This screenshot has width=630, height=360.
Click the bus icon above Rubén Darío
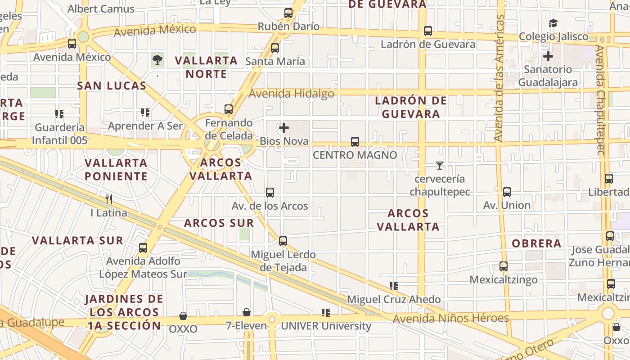click(288, 13)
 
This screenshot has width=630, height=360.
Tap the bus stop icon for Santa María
click(275, 48)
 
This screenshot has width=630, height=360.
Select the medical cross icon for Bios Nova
click(284, 128)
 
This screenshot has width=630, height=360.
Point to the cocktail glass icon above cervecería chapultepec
click(440, 166)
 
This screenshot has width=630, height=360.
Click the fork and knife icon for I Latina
click(108, 199)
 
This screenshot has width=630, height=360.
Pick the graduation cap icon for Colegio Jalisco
click(553, 23)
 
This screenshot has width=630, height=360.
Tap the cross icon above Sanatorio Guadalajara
click(548, 56)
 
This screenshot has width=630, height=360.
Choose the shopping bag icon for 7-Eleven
click(247, 312)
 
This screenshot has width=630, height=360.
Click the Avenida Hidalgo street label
click(291, 94)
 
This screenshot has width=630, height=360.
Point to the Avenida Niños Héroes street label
click(450, 318)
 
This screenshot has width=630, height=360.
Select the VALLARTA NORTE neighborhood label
click(206, 67)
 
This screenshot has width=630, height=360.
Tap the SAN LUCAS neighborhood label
click(112, 85)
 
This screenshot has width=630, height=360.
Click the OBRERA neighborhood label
click(536, 243)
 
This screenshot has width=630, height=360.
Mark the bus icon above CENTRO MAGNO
click(355, 142)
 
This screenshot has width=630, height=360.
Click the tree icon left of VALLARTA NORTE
click(157, 59)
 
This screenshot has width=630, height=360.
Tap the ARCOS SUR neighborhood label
click(219, 223)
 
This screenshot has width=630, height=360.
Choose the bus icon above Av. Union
click(507, 192)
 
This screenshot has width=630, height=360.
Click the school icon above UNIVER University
click(326, 312)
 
